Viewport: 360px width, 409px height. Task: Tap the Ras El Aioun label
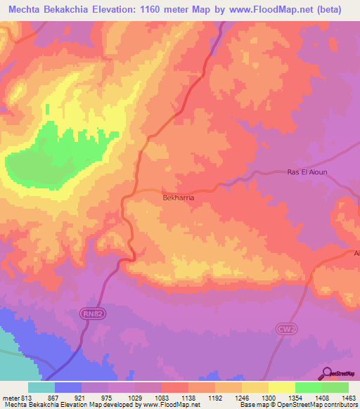click(308, 173)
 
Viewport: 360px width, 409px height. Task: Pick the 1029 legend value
click(135, 398)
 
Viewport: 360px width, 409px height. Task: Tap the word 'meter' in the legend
click(9, 398)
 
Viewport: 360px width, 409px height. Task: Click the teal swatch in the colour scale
click(41, 387)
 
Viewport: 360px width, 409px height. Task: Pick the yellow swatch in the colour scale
click(281, 387)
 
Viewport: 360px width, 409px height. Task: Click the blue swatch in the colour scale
click(68, 387)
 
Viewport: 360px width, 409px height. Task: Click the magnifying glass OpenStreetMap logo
click(328, 373)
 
